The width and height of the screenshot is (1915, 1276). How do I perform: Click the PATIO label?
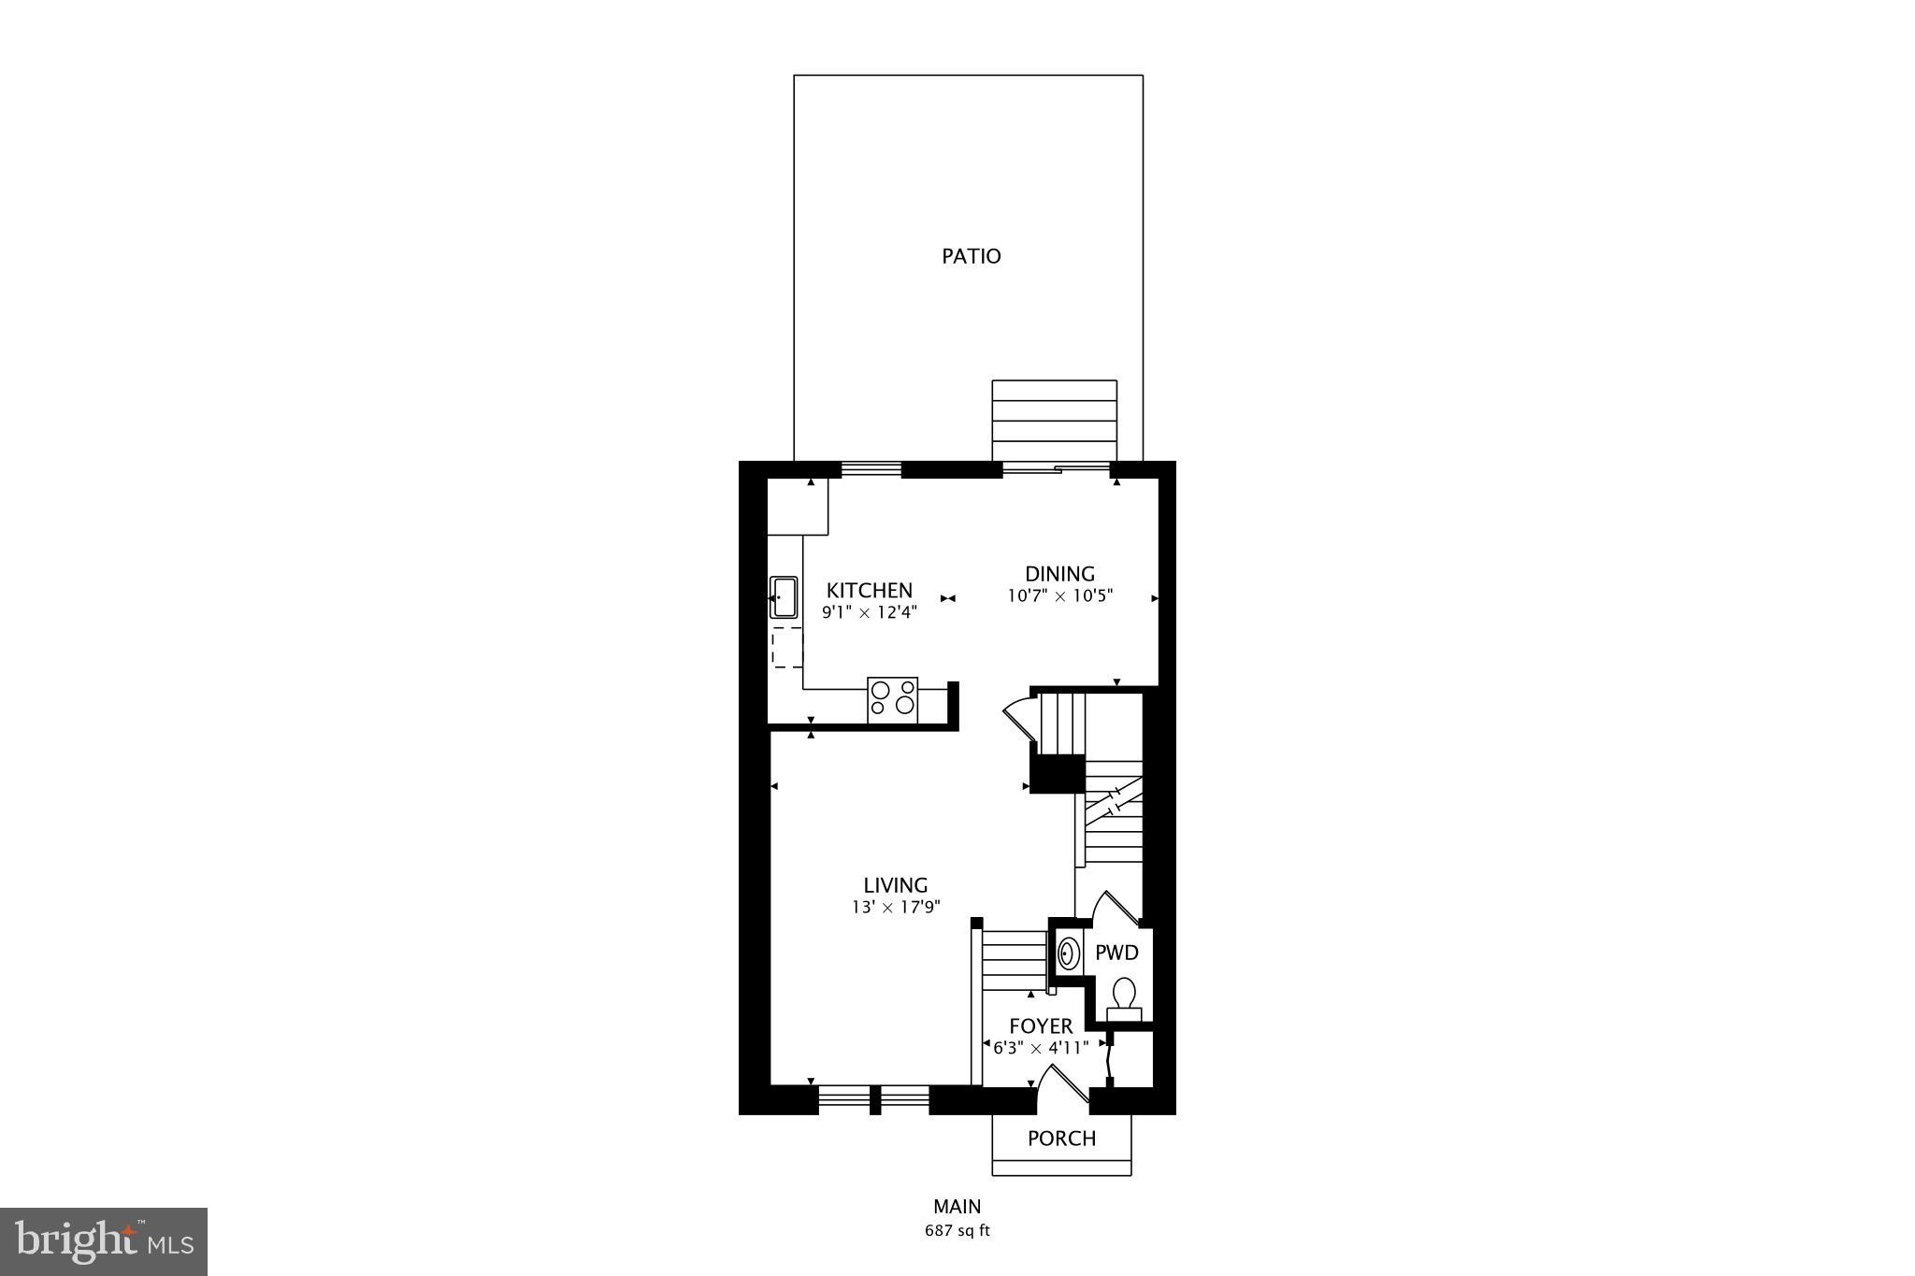tap(971, 256)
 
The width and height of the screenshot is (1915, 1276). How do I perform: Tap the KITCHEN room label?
tap(869, 591)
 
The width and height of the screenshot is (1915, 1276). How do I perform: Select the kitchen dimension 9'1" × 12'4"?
tap(869, 613)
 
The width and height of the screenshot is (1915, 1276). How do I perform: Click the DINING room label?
tap(1059, 574)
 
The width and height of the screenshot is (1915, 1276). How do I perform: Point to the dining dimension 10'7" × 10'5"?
tap(1059, 596)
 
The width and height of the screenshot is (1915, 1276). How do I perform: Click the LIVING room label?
tap(895, 885)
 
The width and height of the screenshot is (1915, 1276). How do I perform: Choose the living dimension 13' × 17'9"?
tap(895, 907)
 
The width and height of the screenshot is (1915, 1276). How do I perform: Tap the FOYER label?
tap(1041, 1026)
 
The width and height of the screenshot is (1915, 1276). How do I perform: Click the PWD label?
tap(1116, 953)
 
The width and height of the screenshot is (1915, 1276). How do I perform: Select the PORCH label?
tap(1061, 1139)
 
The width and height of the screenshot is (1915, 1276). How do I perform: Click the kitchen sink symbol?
tap(783, 598)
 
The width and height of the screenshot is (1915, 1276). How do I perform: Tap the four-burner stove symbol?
tap(893, 699)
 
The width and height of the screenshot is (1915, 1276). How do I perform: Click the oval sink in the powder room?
tap(1067, 954)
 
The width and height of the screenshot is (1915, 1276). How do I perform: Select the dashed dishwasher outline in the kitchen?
tap(786, 647)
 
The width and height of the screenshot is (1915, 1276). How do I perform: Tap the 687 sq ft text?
tap(957, 1230)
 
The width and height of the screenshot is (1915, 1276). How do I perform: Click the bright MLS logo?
tap(104, 1241)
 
